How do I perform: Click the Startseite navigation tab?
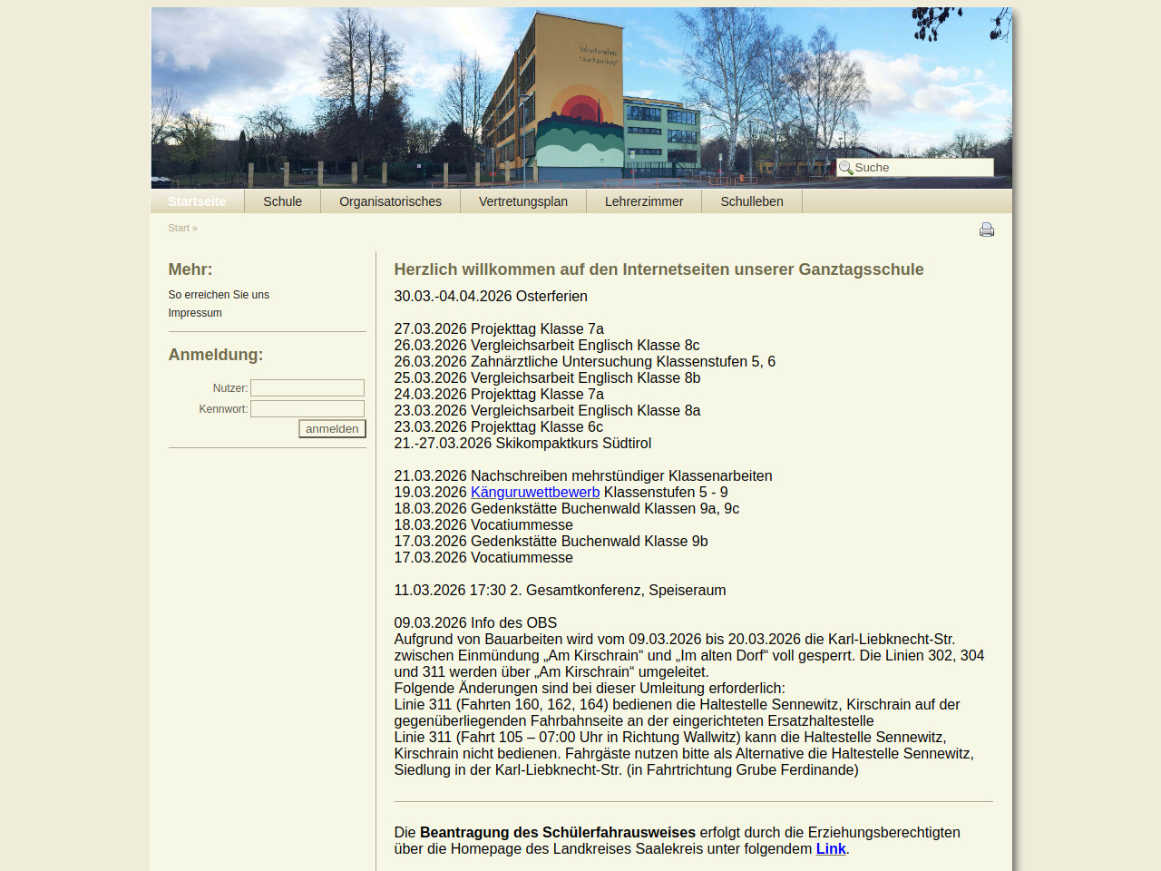point(197,201)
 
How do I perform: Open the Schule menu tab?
point(282,201)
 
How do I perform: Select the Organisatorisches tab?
point(390,201)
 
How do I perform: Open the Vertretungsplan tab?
point(523,201)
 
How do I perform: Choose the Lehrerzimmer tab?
point(644,201)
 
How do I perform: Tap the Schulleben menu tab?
point(752,201)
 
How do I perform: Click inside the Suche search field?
point(922,168)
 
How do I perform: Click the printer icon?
point(987,230)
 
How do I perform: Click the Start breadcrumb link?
point(179,229)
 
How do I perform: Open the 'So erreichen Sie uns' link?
point(219,295)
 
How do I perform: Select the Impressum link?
point(195,313)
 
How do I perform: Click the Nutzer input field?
point(307,388)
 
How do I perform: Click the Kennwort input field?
point(307,409)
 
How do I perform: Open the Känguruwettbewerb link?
point(535,493)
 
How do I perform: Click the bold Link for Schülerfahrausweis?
point(831,849)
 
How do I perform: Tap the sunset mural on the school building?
point(580,127)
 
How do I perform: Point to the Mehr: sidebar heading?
point(190,269)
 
